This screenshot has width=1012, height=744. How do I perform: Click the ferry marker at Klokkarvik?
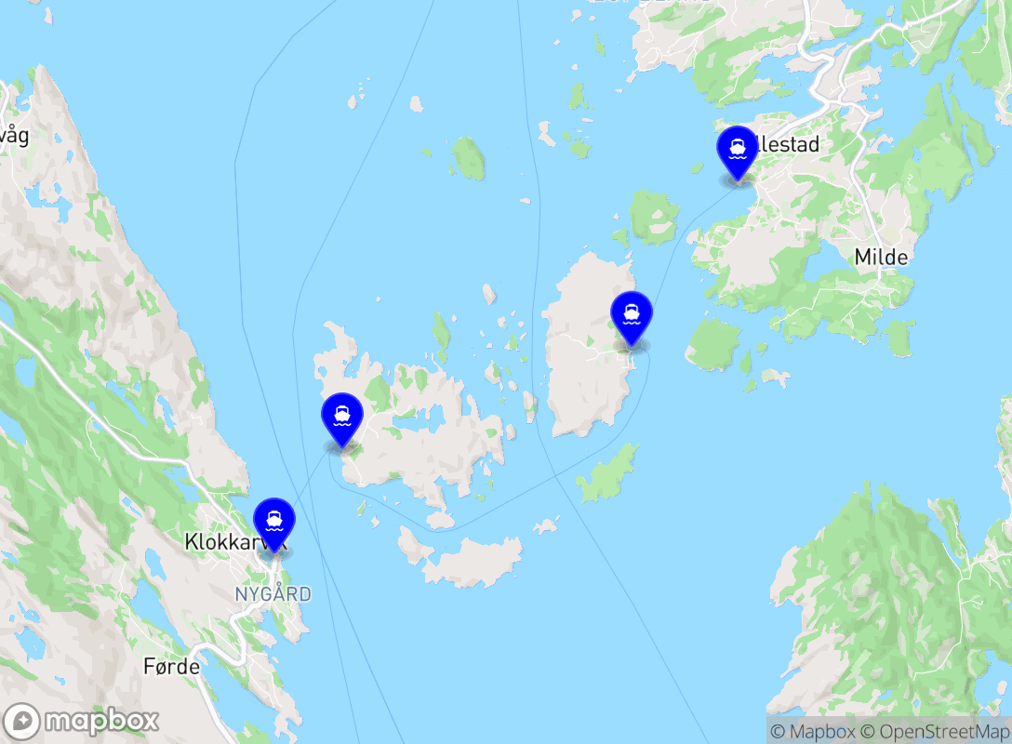274,523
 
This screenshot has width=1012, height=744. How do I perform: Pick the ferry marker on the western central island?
341,418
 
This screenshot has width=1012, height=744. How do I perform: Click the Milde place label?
881,257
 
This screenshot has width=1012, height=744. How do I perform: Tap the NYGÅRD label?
273,594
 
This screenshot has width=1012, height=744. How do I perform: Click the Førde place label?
172,667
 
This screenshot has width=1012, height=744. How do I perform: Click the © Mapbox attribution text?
810,732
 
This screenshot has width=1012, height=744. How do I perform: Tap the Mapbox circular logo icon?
22,722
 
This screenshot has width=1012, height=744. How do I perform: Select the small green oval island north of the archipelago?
469,158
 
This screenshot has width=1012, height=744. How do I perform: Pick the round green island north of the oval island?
654,218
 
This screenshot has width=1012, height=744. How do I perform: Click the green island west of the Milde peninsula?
714,343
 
